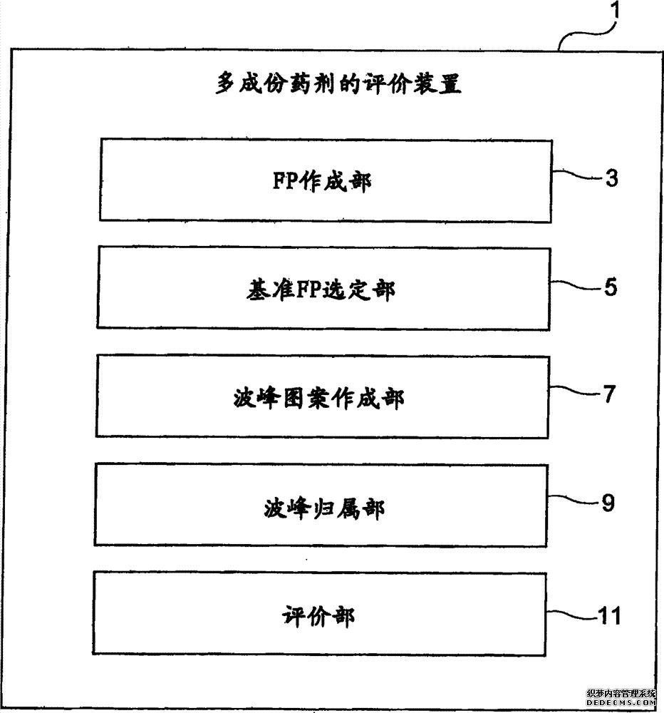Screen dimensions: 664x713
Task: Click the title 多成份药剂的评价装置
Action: coord(338,83)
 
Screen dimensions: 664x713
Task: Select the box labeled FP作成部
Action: coord(326,180)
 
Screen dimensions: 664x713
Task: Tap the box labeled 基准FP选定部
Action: coord(323,288)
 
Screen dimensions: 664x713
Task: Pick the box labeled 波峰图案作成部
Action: coord(322,396)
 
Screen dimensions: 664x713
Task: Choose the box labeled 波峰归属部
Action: coord(321,505)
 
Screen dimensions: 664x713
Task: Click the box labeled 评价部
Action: coord(319,614)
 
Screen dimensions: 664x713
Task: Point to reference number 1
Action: coord(615,10)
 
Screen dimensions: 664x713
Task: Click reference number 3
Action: coord(612,178)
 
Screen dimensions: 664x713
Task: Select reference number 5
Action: coord(611,287)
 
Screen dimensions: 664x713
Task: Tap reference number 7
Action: coord(609,394)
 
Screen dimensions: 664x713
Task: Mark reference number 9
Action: coord(608,503)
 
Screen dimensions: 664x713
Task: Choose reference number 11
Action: coord(609,616)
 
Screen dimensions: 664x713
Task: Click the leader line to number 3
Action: coord(579,175)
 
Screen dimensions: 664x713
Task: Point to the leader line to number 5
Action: coord(577,284)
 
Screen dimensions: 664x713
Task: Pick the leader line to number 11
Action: coord(571,614)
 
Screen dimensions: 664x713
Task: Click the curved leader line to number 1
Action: coord(586,34)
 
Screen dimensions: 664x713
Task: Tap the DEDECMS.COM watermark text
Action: coord(621,702)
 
